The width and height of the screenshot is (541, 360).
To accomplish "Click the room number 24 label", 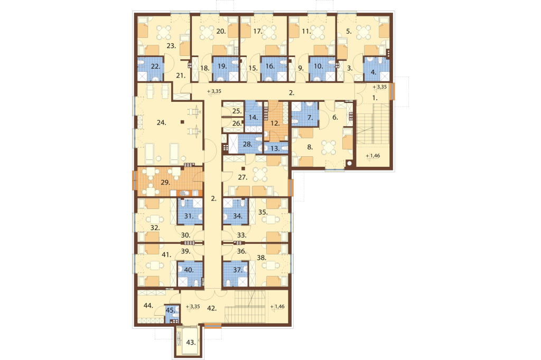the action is pyautogui.click(x=162, y=122).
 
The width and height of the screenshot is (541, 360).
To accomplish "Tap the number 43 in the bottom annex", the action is pyautogui.click(x=191, y=343).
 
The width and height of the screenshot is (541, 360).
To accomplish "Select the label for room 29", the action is pyautogui.click(x=165, y=183).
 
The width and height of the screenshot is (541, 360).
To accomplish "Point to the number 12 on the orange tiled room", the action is pyautogui.click(x=275, y=124).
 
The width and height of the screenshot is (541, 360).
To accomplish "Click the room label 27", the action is pyautogui.click(x=243, y=177).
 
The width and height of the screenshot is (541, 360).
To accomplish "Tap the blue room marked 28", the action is pyautogui.click(x=248, y=144).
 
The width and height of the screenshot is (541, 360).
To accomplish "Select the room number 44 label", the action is pyautogui.click(x=148, y=306).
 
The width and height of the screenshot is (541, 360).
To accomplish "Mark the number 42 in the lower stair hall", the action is pyautogui.click(x=212, y=309).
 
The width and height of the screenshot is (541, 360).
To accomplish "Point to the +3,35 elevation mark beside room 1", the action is pyautogui.click(x=380, y=87).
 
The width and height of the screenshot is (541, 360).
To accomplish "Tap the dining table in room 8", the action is pyautogui.click(x=329, y=147).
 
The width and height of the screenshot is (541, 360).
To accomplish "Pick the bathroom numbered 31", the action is pyautogui.click(x=189, y=216).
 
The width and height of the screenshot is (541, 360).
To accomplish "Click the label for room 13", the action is pyautogui.click(x=275, y=149).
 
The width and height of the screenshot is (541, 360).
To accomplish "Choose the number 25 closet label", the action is pyautogui.click(x=237, y=111).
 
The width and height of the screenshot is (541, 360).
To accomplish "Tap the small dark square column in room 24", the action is pyautogui.click(x=182, y=121).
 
